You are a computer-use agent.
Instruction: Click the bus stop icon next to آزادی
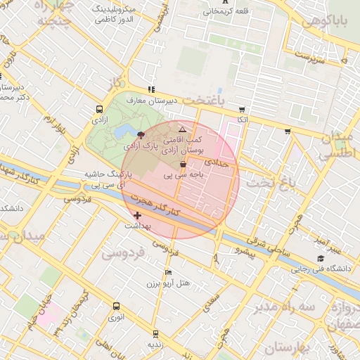tap(97, 110)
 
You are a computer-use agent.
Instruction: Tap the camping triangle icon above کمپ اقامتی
tap(182, 130)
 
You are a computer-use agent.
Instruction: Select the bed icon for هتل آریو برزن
tap(168, 272)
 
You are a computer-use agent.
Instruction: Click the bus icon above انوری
tap(116, 306)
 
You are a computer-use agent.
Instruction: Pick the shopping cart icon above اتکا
tap(243, 110)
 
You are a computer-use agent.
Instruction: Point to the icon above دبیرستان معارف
tap(150, 89)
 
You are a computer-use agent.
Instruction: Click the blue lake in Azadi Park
tap(124, 131)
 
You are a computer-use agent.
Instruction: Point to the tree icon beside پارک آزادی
tap(141, 134)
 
